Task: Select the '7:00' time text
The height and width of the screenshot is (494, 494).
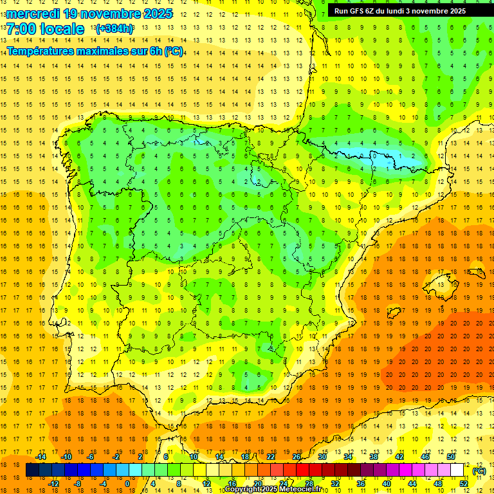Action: (20, 29)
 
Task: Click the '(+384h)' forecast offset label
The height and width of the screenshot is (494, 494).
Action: (114, 28)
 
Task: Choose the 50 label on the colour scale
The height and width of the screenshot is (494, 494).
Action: (450, 457)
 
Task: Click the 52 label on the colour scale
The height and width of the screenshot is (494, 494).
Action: (464, 483)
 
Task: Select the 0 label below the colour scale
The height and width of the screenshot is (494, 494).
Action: (127, 483)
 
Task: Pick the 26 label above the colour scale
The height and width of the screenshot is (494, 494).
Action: (297, 457)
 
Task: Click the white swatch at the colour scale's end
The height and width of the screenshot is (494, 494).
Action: (457, 470)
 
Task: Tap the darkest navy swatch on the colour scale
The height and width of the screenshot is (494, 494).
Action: (32, 470)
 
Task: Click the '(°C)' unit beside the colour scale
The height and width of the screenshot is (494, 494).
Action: (479, 471)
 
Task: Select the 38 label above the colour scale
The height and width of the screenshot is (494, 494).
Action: (374, 457)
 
